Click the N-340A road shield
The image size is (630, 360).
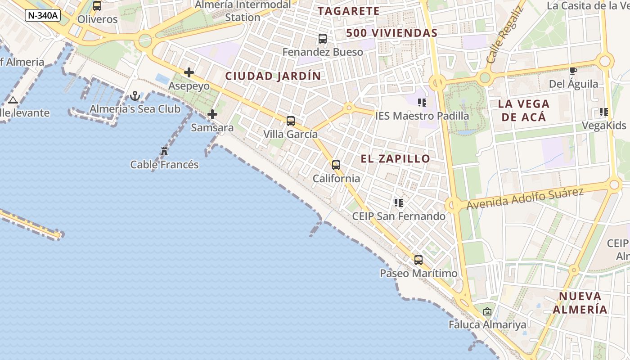[43, 15]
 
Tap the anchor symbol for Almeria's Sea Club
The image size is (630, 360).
[135, 96]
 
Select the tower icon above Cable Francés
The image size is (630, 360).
[164, 151]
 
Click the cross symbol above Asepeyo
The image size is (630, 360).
[189, 72]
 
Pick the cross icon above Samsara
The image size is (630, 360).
[212, 114]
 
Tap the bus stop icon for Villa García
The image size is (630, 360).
[291, 121]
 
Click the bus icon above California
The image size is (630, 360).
[336, 165]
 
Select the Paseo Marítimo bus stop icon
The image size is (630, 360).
[418, 260]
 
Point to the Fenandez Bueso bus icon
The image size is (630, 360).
[323, 39]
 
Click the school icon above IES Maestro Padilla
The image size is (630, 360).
[422, 103]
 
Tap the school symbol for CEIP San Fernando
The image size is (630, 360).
[398, 203]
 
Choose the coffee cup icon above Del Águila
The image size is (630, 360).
[573, 71]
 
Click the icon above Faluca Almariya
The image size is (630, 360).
[487, 311]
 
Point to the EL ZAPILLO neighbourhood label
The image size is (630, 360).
[396, 158]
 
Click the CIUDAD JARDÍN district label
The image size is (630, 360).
[273, 76]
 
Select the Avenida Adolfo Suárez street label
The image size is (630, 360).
[525, 198]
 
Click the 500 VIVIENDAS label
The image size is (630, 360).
[392, 33]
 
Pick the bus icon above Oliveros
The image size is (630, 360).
[97, 6]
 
